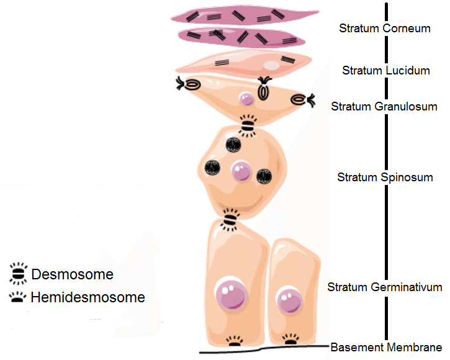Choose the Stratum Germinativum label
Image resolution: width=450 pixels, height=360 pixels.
click(x=384, y=287)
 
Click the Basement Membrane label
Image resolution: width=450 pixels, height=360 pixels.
click(x=386, y=347)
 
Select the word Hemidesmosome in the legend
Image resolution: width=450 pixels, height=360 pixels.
click(x=88, y=297)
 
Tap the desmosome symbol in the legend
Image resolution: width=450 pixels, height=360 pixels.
click(x=17, y=273)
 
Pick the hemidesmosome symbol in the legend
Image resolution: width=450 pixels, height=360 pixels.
click(x=18, y=297)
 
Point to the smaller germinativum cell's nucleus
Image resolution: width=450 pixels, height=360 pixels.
click(x=287, y=301)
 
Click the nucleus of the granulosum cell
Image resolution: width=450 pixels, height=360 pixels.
click(x=246, y=98)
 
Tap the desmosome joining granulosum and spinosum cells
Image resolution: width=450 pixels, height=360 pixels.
click(x=248, y=126)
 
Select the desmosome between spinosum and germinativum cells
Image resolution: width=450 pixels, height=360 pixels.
click(x=231, y=219)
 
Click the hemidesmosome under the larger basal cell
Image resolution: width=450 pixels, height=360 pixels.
click(x=234, y=341)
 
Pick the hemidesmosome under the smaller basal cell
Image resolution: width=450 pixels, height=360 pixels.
click(x=290, y=340)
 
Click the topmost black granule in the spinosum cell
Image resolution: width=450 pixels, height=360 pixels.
click(x=233, y=144)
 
